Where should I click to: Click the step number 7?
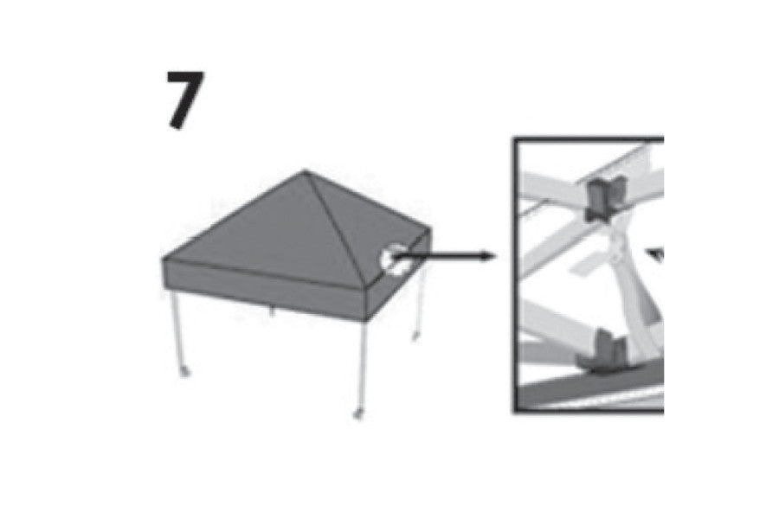pos(185,99)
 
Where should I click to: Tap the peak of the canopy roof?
pos(305,171)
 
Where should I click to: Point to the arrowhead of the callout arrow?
pos(488,256)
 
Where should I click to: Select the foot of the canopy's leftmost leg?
pos(185,371)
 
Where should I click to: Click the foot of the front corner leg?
pos(357,413)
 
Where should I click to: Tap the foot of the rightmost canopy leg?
pos(415,336)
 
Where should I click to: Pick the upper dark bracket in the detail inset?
pos(606,198)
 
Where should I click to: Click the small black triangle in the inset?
pos(656,254)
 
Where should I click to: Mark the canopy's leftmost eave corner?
pos(164,259)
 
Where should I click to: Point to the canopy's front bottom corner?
pos(367,318)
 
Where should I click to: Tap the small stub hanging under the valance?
pos(271,311)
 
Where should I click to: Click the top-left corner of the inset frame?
pos(514,138)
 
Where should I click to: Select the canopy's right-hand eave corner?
pos(430,229)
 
